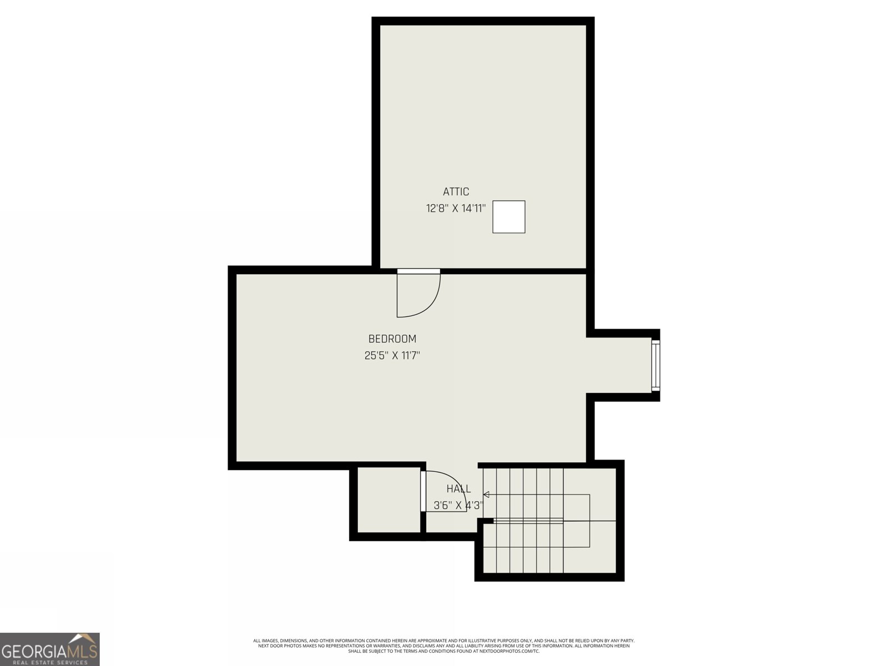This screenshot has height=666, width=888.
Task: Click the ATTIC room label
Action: pyautogui.click(x=456, y=191)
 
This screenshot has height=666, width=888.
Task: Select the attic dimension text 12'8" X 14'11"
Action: pyautogui.click(x=456, y=209)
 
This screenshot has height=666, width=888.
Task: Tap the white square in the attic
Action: pyautogui.click(x=509, y=217)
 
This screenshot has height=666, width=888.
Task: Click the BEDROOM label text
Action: pyautogui.click(x=392, y=339)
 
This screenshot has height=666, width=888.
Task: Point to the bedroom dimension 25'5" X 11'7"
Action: pyautogui.click(x=392, y=356)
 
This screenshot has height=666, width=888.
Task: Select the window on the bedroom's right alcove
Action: pyautogui.click(x=656, y=365)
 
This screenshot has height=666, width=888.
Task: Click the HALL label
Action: pyautogui.click(x=458, y=488)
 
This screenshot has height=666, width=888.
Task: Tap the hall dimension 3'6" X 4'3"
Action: pyautogui.click(x=458, y=506)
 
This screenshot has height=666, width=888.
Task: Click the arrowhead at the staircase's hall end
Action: pyautogui.click(x=486, y=495)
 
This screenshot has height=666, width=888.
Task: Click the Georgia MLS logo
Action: pyautogui.click(x=49, y=649)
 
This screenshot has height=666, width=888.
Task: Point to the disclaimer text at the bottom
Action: pyautogui.click(x=444, y=646)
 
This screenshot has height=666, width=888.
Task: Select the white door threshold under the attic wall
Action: pyautogui.click(x=418, y=271)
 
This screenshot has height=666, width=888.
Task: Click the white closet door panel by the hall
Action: pyautogui.click(x=423, y=492)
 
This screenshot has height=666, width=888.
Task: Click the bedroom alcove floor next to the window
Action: pyautogui.click(x=619, y=365)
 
